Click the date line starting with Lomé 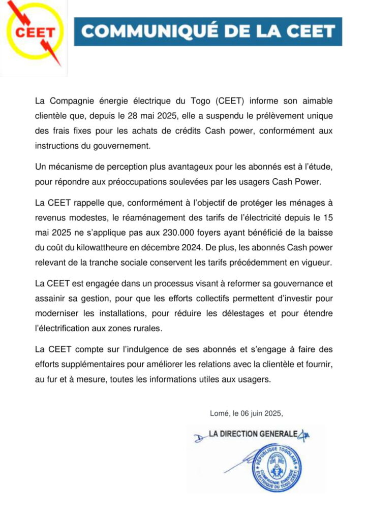point(246,414)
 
